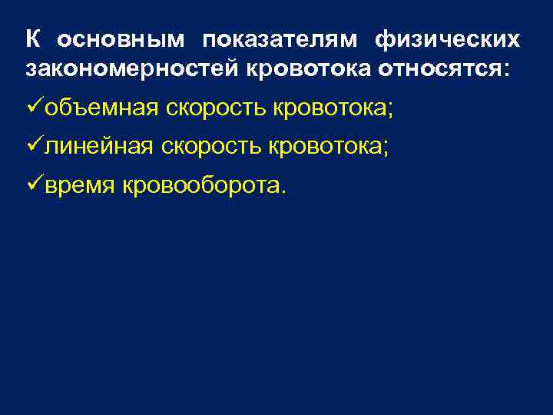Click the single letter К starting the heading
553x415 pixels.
point(31,39)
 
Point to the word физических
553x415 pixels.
point(448,39)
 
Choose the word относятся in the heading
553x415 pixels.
point(438,68)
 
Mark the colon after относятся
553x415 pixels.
point(505,70)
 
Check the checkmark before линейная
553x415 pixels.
point(35,145)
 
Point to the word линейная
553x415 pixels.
point(98,146)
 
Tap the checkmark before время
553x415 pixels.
point(35,184)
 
